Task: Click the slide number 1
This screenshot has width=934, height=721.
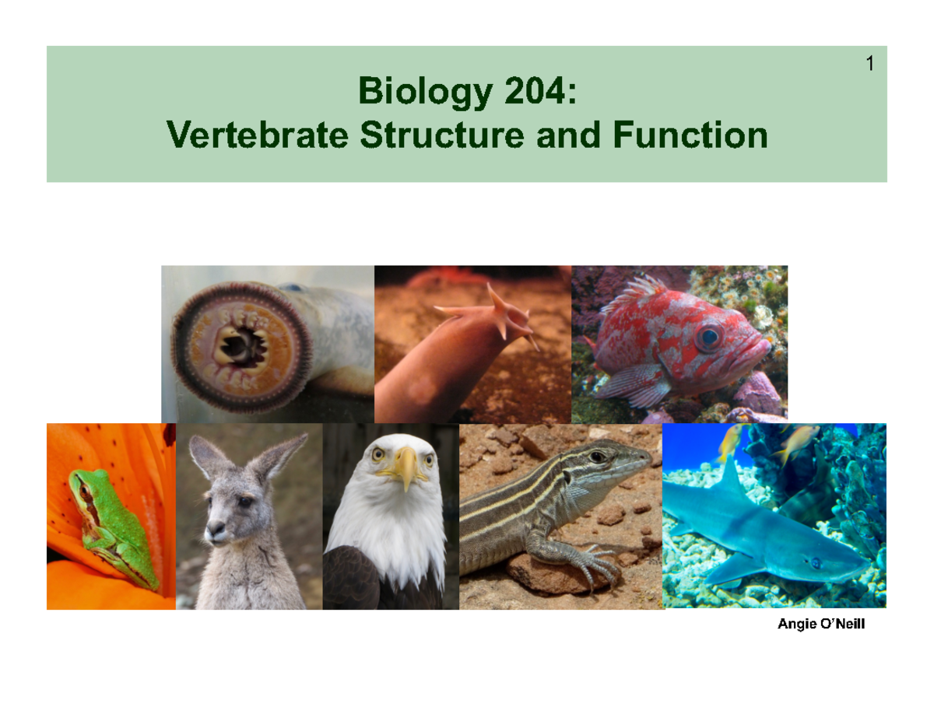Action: [x=869, y=64]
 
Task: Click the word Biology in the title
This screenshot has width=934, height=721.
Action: [x=425, y=92]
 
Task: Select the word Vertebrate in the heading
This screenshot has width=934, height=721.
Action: [x=257, y=135]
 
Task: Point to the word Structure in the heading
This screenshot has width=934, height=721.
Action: [x=442, y=135]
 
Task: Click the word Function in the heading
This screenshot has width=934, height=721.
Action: [x=690, y=135]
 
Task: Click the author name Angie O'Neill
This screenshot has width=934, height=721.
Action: [x=821, y=624]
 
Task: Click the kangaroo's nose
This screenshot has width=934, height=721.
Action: [x=215, y=529]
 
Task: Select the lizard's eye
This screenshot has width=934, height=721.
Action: [x=597, y=457]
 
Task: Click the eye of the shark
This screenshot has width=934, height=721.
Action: [x=815, y=562]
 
